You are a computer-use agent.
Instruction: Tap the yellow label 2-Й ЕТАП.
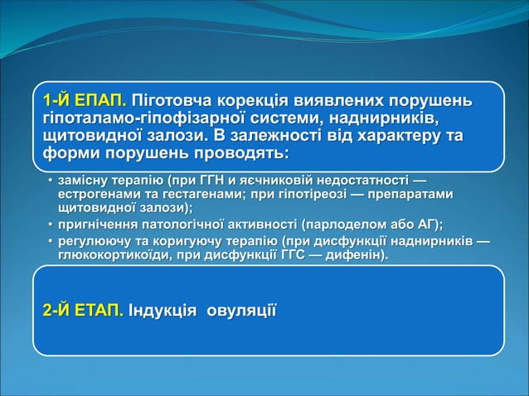(x=83, y=311)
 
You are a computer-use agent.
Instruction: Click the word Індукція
(x=163, y=311)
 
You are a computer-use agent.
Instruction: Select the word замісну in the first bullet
(x=84, y=180)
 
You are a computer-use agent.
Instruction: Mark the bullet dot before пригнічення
(x=48, y=224)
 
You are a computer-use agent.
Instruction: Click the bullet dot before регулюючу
(x=48, y=240)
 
